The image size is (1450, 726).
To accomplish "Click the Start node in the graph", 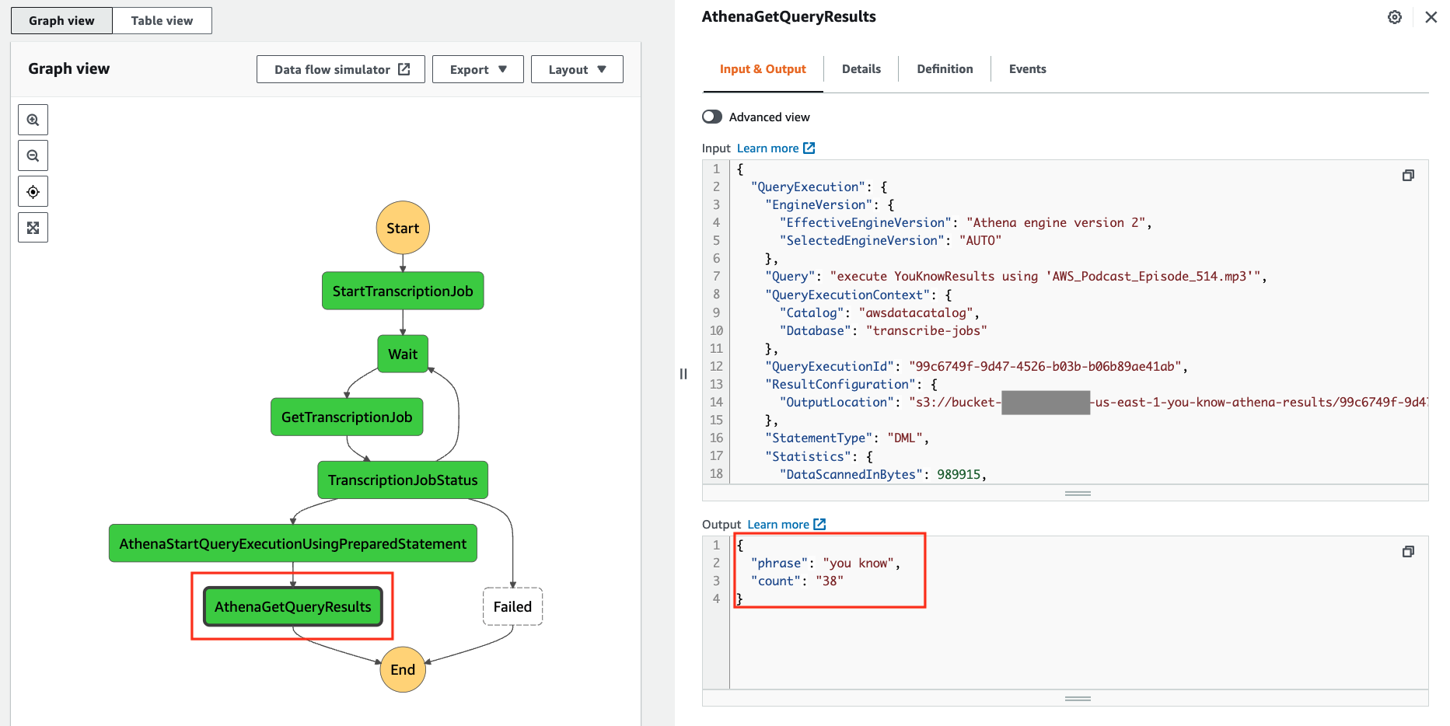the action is pos(403,228).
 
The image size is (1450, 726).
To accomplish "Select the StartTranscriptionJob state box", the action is pos(403,291).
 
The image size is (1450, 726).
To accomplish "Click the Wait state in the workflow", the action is pos(403,354).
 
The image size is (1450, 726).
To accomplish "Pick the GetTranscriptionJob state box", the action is pos(347,417).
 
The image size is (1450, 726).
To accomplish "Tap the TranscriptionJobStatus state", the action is pos(403,480).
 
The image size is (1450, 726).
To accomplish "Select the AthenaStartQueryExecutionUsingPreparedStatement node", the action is pos(293,543).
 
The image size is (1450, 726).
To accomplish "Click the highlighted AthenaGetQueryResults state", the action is pos(293,606).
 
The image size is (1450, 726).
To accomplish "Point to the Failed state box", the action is pos(513,606).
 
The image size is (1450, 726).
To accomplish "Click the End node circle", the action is pos(403,669).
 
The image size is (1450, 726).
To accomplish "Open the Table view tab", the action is pos(162,20).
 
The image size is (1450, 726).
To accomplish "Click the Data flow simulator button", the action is pos(341,69).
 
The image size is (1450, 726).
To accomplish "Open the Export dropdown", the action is pos(478,69).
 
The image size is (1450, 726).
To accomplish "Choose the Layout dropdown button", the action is pos(577,69).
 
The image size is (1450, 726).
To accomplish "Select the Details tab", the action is pos(861,68).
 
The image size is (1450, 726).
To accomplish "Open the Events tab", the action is pos(1028,68).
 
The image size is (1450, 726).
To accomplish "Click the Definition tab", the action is pos(945,68).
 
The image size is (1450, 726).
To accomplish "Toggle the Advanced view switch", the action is pos(712,117).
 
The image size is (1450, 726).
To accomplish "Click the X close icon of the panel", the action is pos(1431,17).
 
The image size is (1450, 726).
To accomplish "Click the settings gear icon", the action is pos(1395,17).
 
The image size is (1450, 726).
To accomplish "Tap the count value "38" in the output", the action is pos(830,581).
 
